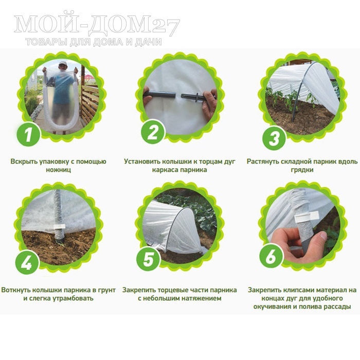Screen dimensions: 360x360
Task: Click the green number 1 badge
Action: [x=28, y=134]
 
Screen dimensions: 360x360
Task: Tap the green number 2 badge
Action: [x=152, y=132]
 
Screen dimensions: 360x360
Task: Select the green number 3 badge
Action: [x=274, y=138]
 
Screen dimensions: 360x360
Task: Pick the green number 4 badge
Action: [x=27, y=262]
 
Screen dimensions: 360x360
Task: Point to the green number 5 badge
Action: [x=148, y=259]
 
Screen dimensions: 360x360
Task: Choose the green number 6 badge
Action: [x=271, y=257]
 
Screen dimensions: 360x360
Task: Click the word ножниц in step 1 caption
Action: [x=58, y=170]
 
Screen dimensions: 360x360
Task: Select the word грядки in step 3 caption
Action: [x=302, y=170]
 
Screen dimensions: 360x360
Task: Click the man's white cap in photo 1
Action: [x=62, y=63]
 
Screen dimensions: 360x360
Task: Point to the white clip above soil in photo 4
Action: [x=59, y=226]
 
